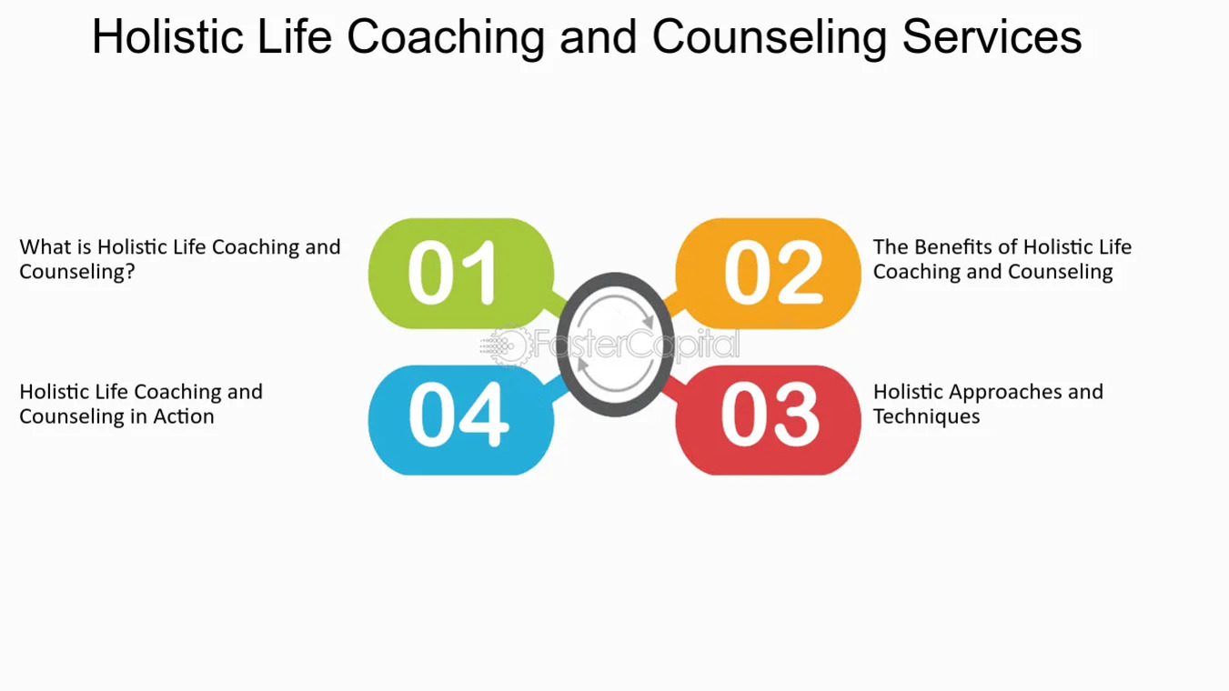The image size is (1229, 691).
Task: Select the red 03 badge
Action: [769, 419]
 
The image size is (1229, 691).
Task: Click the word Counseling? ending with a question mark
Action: [77, 272]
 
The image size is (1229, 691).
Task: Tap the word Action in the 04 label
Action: [185, 416]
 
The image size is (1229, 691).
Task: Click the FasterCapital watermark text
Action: [637, 345]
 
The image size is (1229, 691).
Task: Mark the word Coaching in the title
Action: [446, 37]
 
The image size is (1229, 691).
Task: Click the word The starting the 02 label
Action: [891, 247]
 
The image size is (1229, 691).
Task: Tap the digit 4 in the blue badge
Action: [484, 417]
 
